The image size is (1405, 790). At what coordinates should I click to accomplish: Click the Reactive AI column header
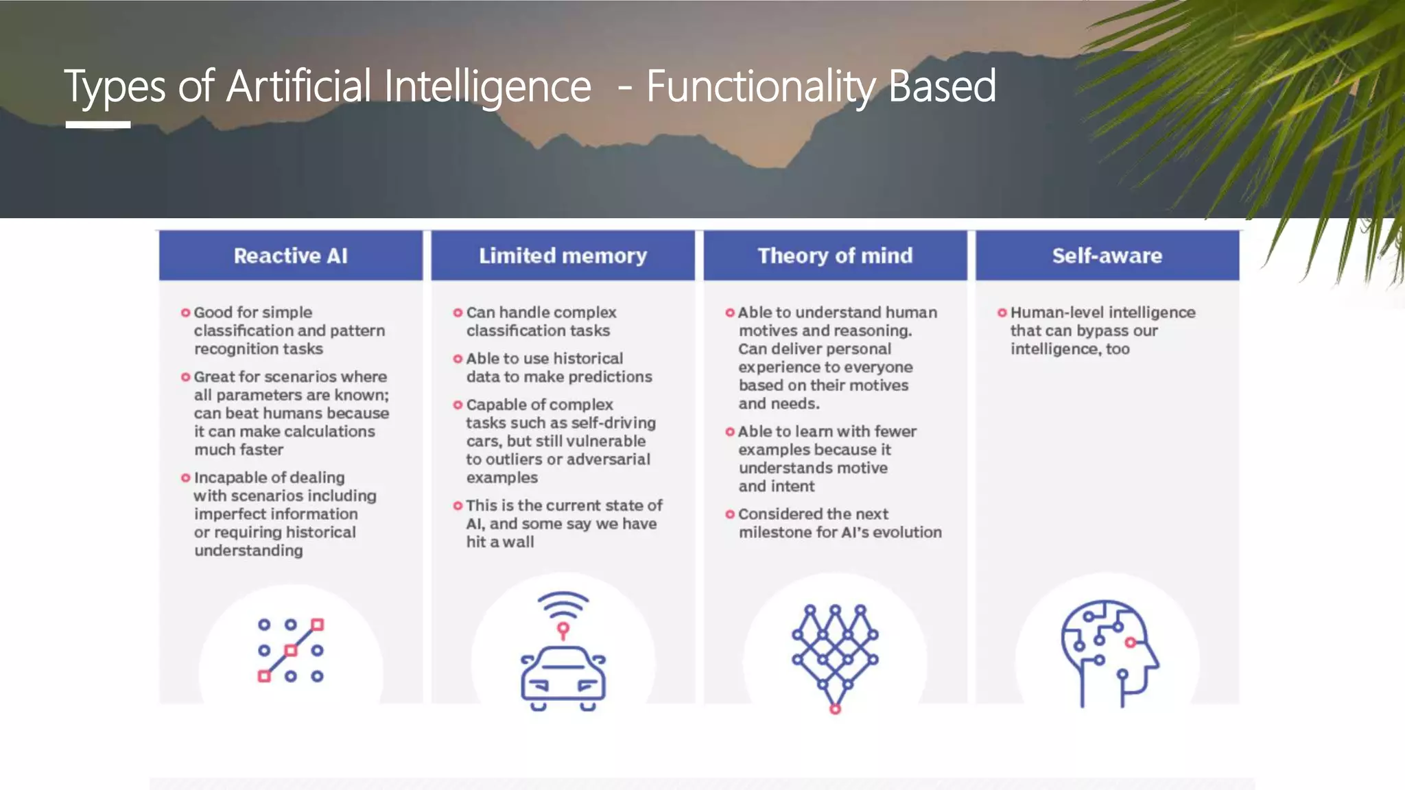290,256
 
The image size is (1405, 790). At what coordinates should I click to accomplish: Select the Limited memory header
563,256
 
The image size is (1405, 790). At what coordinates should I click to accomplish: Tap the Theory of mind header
835,256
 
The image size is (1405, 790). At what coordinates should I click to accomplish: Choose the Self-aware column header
1107,256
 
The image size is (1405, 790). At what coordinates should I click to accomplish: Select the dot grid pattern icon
291,650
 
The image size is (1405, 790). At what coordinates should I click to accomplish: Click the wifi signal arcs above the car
563,603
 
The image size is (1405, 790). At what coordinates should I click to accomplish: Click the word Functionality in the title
761,86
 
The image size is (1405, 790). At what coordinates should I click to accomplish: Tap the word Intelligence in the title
487,86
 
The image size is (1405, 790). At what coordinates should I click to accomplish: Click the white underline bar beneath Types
98,125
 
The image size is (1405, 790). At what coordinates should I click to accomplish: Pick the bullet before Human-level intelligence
1002,313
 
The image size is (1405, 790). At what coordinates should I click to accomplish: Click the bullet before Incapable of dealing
185,477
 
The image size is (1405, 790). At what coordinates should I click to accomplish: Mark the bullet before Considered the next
730,514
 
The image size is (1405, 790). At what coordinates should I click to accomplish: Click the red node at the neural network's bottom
835,709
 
